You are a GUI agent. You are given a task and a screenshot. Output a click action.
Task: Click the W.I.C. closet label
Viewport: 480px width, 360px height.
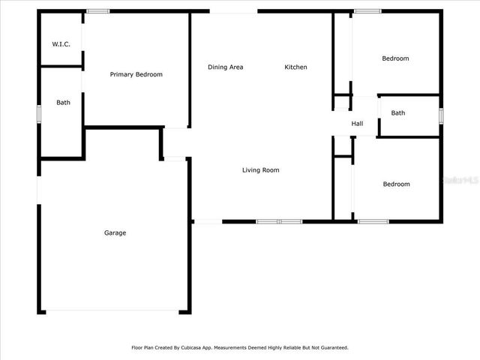(61, 44)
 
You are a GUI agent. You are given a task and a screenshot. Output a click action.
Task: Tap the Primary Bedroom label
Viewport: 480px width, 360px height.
(136, 74)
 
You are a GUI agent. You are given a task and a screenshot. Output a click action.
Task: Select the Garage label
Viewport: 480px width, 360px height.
(115, 232)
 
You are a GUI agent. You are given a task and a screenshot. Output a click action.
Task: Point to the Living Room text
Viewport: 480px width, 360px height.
(260, 170)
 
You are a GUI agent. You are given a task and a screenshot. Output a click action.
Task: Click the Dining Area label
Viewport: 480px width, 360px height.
(225, 67)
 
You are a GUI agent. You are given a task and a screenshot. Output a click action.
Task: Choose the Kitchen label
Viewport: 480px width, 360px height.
(295, 67)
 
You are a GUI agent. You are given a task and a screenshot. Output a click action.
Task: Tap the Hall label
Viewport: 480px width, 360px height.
(357, 124)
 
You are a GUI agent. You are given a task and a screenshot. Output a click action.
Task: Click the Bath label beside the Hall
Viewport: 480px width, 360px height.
(397, 113)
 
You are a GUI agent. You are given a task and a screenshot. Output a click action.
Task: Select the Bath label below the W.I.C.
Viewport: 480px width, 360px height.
(63, 103)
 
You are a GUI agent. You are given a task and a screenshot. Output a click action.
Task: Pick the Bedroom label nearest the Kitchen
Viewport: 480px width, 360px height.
(395, 58)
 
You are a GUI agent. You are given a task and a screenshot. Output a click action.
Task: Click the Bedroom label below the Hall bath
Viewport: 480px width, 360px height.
(396, 184)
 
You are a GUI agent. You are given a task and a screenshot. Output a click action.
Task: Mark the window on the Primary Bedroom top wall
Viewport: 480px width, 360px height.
(97, 11)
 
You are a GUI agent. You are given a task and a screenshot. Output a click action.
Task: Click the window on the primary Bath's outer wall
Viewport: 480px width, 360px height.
(39, 112)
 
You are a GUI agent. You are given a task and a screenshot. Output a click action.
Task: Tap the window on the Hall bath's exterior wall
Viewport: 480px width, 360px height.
(441, 115)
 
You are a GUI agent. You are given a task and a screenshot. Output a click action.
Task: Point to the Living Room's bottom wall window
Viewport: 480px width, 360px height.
(279, 221)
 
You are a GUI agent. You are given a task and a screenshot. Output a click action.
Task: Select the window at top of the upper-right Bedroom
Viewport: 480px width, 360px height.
(367, 11)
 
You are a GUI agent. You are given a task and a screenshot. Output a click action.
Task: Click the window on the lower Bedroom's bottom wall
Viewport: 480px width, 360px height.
(373, 221)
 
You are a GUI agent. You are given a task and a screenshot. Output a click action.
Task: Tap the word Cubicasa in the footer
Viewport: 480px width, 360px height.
(195, 347)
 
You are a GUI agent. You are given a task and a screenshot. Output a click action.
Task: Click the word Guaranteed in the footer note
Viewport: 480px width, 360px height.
(331, 347)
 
